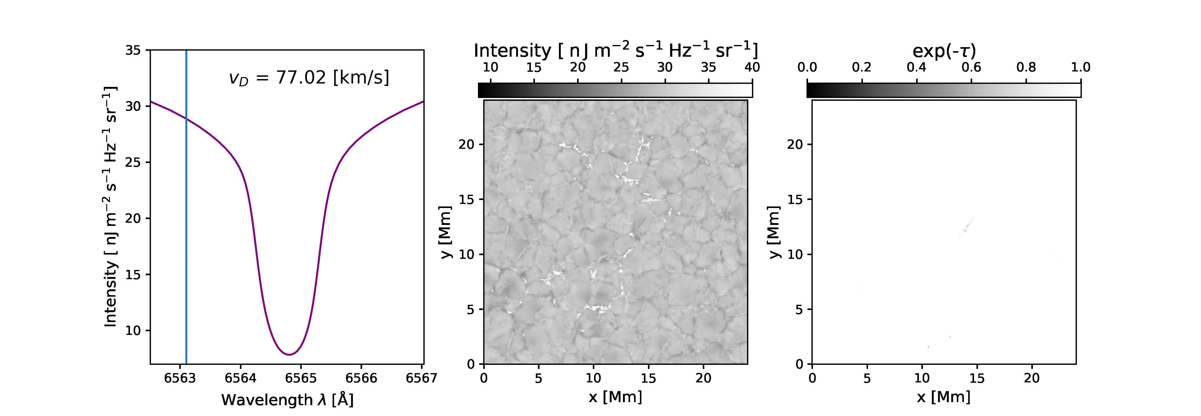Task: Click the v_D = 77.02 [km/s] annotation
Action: pos(309,77)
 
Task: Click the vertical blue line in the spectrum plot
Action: pos(187,210)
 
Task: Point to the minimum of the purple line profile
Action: pos(289,354)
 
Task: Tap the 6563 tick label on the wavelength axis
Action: pos(180,378)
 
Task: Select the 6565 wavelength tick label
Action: pos(301,378)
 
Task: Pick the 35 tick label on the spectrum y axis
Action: pos(133,50)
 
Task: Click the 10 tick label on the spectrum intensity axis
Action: pos(133,331)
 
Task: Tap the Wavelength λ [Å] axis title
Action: pos(287,400)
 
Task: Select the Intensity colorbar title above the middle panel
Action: pos(615,50)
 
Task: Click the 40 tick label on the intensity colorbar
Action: pos(752,67)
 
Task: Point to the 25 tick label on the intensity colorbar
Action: pos(621,67)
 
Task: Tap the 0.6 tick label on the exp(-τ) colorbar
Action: pos(971,67)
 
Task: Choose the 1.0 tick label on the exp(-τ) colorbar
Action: pos(1080,67)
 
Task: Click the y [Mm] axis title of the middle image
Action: pos(446,232)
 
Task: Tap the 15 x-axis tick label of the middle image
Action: pos(649,378)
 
